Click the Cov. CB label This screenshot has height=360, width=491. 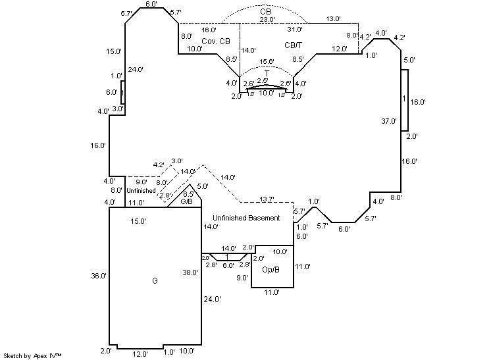pos(216,41)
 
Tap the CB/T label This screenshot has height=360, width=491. pos(293,45)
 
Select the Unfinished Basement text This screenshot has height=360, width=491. pos(246,218)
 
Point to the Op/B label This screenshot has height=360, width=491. pos(271,270)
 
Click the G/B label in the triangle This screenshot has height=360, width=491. pos(187,201)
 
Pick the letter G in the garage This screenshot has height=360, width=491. pos(155,281)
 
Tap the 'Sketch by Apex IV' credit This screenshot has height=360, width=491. pos(32,355)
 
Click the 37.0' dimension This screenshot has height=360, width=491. pos(389,121)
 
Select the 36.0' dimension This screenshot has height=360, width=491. pos(99,276)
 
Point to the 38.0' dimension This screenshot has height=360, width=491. pos(190,272)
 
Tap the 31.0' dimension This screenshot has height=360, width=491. pos(295,30)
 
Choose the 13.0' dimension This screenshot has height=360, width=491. pos(334,20)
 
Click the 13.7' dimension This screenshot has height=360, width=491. pos(267,199)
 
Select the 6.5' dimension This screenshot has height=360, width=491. pos(188,193)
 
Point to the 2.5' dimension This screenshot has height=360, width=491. pos(263,81)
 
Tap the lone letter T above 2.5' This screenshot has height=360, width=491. pos(267,72)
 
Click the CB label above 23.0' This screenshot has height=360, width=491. pos(265,12)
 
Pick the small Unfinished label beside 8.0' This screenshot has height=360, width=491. pos(141,190)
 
